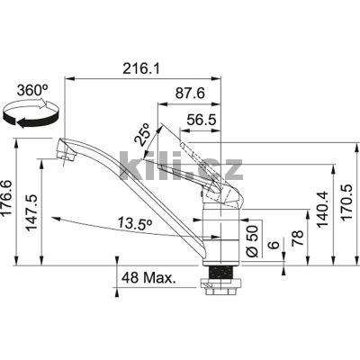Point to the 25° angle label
(x=143, y=134)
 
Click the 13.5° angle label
(x=133, y=223)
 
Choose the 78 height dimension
(x=296, y=241)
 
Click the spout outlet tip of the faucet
(x=62, y=154)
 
